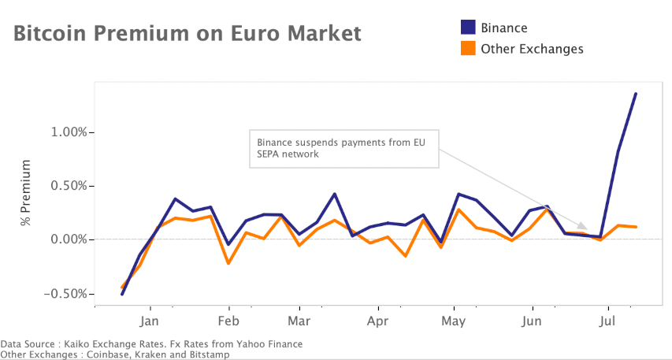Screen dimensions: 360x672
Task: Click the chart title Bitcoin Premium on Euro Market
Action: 187,34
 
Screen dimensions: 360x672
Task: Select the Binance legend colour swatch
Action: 468,28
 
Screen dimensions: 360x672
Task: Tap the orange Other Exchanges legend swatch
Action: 468,49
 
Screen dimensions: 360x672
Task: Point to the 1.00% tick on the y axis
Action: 67,132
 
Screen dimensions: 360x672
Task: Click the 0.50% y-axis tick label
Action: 67,186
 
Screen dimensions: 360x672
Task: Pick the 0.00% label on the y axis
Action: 67,239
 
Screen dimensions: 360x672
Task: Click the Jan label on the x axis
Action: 150,321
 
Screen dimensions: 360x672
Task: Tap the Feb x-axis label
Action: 228,321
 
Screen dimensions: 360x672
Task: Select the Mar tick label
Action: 299,321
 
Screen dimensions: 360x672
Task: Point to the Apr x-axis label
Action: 378,321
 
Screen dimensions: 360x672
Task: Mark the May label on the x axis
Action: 454,321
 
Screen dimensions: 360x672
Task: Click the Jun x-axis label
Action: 532,321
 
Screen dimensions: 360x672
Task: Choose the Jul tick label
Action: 607,321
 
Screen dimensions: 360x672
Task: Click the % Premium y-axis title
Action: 27,193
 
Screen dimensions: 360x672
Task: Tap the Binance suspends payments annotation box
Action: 343,148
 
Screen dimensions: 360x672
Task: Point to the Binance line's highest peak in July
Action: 636,94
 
